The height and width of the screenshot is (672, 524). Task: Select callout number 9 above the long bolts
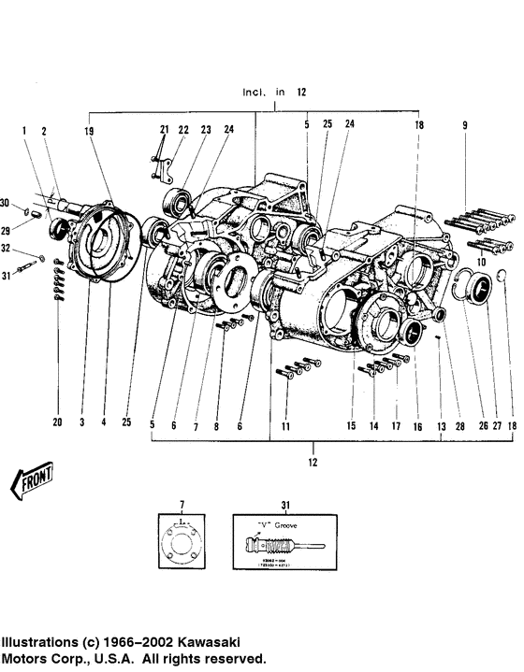pos(463,125)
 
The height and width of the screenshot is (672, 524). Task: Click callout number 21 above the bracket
pos(165,129)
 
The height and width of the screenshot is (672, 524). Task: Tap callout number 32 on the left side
pos(6,249)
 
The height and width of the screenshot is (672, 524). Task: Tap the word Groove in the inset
pos(287,525)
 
